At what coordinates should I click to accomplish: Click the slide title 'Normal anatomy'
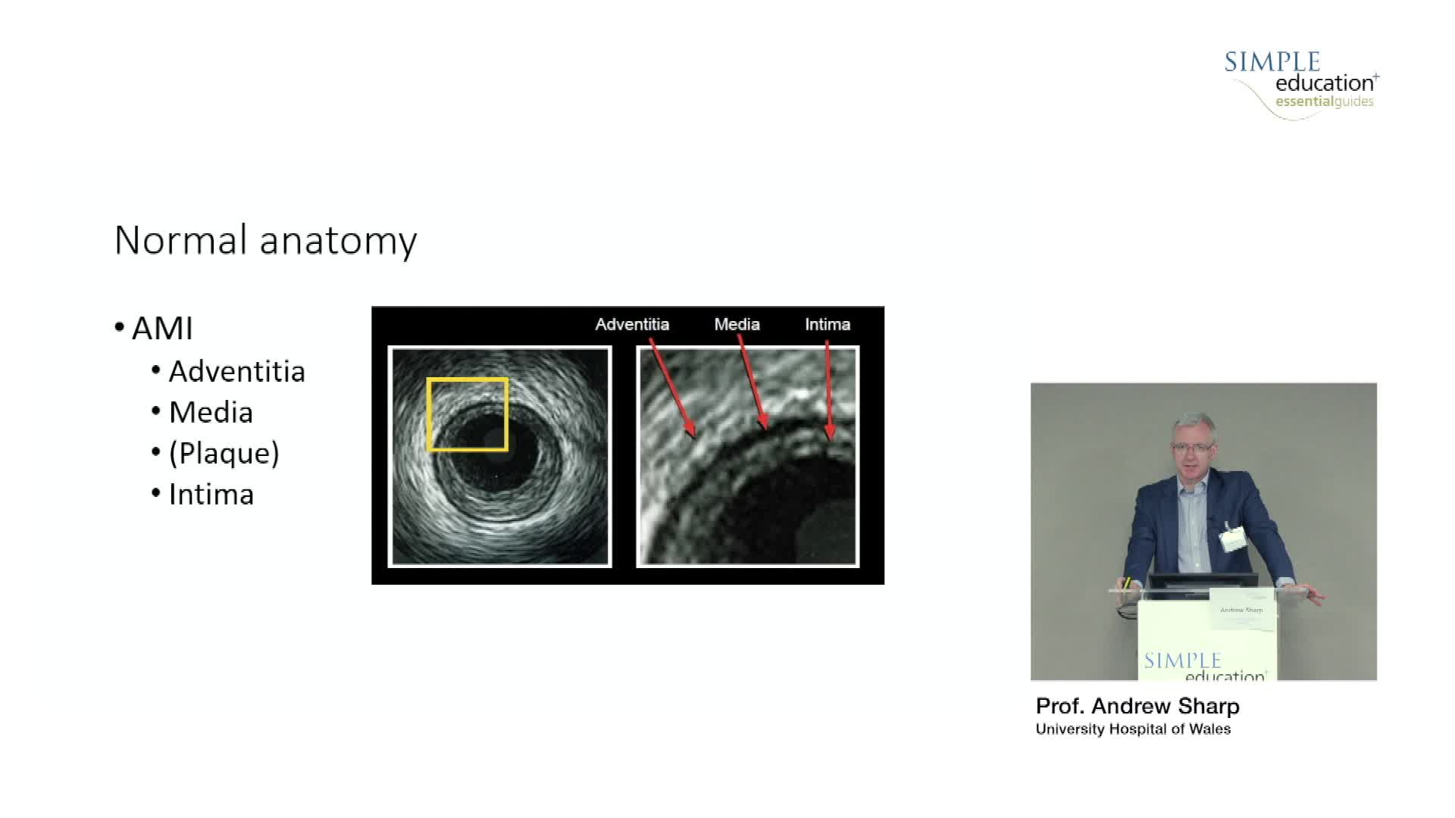(265, 241)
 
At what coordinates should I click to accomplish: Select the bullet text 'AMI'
(162, 329)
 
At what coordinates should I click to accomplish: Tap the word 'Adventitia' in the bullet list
(236, 371)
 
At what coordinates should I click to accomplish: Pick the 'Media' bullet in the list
(211, 412)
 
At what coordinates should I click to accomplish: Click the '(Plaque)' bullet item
(224, 454)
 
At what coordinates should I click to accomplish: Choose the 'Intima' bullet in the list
(211, 494)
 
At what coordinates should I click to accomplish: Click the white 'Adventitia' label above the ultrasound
(632, 324)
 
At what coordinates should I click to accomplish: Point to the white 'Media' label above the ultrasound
(737, 324)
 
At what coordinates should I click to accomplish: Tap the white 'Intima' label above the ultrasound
(828, 324)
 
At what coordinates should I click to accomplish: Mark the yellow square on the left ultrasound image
(428, 414)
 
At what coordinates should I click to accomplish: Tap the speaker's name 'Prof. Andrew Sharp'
(1137, 706)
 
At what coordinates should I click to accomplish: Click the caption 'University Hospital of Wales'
(1133, 729)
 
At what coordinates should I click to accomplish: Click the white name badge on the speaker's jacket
(1232, 538)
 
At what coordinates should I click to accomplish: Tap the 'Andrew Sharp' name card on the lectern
(1243, 610)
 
